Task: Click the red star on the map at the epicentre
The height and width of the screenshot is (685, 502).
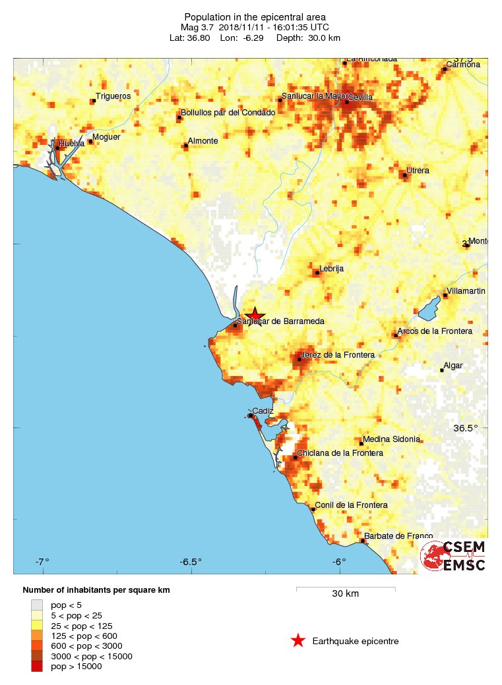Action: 255,316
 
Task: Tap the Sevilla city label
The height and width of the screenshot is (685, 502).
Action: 360,97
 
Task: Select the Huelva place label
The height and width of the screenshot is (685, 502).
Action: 71,143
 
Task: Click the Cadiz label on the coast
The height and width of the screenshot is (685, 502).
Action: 263,411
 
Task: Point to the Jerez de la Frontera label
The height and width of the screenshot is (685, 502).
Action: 337,355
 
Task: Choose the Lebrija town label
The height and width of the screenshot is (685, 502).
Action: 331,269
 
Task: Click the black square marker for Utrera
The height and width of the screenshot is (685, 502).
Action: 404,175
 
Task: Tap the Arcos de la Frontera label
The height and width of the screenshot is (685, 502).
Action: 435,331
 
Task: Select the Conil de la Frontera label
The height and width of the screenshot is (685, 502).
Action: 351,505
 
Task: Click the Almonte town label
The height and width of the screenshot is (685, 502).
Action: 203,141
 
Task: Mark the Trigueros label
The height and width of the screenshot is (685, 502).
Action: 113,96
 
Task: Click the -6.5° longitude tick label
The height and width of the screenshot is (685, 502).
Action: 191,562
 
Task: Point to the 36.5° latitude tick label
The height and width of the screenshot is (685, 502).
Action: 470,428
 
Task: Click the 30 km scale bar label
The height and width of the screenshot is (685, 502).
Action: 345,594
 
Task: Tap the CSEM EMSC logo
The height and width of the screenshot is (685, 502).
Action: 454,556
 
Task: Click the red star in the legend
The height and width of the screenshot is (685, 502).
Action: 298,640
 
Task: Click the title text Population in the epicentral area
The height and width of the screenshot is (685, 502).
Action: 255,16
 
